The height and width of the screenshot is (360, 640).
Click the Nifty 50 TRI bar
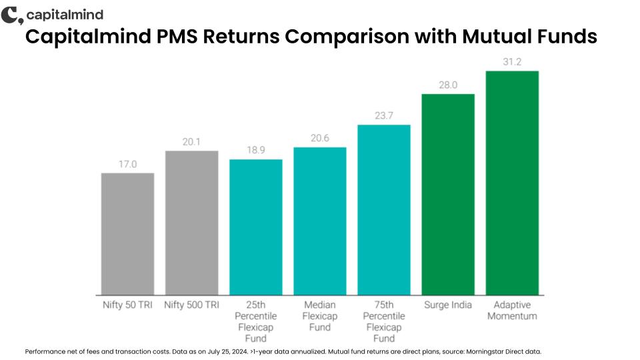pos(128,234)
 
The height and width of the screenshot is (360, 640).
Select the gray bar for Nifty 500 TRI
pos(192,223)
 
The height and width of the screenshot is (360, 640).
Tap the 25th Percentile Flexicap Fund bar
pos(256,227)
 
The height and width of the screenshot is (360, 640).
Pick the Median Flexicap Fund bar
pos(320,221)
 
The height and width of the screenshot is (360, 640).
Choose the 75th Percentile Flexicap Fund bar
pos(384,210)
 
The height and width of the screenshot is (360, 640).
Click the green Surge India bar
pos(448,195)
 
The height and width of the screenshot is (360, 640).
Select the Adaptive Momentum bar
pos(512,183)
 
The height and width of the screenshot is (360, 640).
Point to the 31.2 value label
pos(512,61)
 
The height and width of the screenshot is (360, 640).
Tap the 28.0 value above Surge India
pos(448,85)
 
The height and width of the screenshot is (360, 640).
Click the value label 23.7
pos(384,115)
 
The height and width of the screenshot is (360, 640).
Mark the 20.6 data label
pos(320,138)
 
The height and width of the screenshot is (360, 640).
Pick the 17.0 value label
pos(128,164)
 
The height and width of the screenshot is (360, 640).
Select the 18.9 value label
pos(256,150)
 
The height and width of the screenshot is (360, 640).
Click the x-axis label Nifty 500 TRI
pos(192,305)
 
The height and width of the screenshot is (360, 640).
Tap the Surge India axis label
pos(448,305)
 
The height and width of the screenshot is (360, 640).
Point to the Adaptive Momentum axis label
pos(512,310)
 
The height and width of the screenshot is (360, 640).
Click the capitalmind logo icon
pos(12,15)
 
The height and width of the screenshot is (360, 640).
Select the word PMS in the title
pos(177,36)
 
